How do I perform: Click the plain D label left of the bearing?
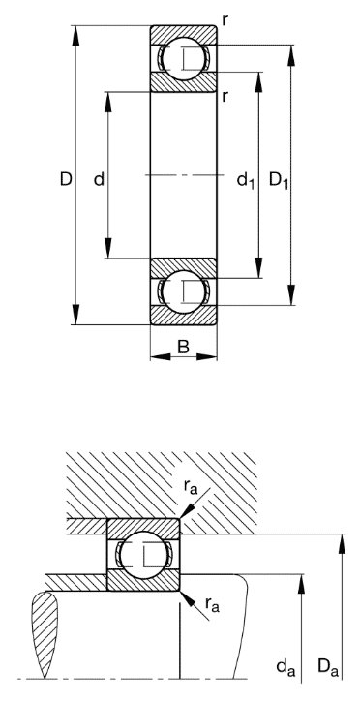[x=65, y=179]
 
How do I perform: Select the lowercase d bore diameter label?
[x=99, y=179]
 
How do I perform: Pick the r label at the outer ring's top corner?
[x=224, y=20]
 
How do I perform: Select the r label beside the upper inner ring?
[x=224, y=95]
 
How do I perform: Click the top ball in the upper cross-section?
[x=182, y=58]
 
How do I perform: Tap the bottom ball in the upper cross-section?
[x=182, y=290]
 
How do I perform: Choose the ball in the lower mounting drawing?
[x=143, y=555]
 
